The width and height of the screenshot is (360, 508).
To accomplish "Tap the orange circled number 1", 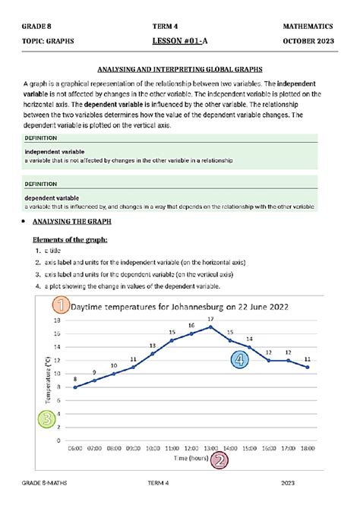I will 62,306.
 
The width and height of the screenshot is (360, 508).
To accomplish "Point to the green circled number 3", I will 48,418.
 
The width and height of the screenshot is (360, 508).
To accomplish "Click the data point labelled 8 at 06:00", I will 74,387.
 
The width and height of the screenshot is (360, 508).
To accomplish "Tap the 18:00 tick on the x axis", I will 307,449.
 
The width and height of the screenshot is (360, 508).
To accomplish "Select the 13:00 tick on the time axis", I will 210,449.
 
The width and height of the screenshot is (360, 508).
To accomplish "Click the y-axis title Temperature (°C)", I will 48,380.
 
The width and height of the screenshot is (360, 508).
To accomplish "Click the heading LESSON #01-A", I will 180,42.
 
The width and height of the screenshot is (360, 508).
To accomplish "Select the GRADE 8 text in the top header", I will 38,27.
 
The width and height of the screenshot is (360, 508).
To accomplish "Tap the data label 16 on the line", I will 191,325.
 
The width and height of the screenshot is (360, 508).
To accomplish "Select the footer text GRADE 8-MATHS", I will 47,483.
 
